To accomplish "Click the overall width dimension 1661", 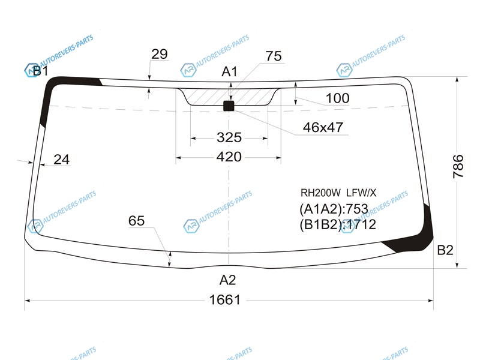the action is [224, 300].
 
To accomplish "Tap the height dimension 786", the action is [458, 166].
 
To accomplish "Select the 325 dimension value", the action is [229, 137].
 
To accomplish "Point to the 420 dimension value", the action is [229, 157].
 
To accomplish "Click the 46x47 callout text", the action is [323, 127].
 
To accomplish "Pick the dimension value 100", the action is [337, 98].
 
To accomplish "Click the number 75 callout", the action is [274, 56].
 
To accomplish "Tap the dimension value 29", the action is [160, 54].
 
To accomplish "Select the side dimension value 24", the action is [62, 160].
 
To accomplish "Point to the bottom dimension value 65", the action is [136, 221].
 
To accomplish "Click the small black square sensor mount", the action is [229, 106].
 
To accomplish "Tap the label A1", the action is [229, 72].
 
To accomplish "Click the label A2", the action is [228, 280].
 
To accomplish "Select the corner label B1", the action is [40, 71].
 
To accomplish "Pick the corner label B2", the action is [445, 250].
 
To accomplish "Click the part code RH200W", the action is [320, 193].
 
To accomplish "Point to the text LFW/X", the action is [361, 193].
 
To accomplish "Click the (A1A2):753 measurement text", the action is [334, 209].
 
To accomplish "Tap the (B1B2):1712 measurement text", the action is [338, 224].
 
